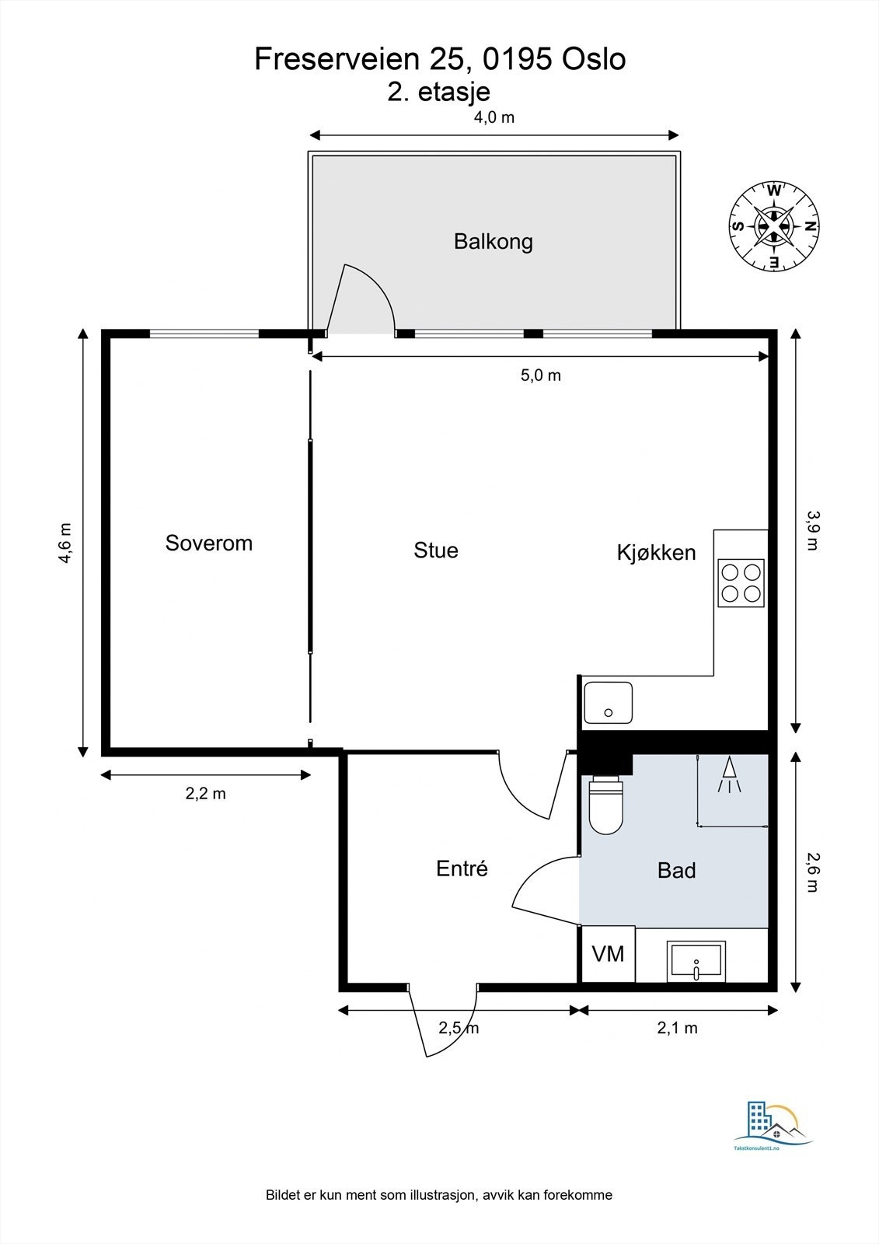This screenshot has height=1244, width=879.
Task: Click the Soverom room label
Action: pos(209,543)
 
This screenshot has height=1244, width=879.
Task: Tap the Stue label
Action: pos(436,550)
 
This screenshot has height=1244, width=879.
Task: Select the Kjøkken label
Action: pos(656,553)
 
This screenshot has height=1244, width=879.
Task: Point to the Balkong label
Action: pos(494,242)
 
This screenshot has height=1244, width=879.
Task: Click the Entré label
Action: pos(462,868)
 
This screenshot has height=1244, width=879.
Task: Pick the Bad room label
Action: pos(676,870)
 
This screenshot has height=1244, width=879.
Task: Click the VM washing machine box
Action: pos(608,954)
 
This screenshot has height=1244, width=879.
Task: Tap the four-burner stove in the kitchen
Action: pos(741,582)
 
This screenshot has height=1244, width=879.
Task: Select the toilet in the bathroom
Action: pos(606,804)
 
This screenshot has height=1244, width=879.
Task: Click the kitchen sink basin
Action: pos(608,703)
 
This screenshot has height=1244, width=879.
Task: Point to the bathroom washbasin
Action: pos(696,961)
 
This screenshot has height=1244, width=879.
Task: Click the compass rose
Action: pos(774,226)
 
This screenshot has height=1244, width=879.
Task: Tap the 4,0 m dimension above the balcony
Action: pos(494,117)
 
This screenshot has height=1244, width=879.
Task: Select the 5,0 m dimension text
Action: pos(541,376)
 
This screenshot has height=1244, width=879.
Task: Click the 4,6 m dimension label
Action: pos(65,543)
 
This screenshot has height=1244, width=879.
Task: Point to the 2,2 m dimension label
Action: pos(205,794)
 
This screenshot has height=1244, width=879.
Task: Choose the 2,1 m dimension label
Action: pos(678,1028)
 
